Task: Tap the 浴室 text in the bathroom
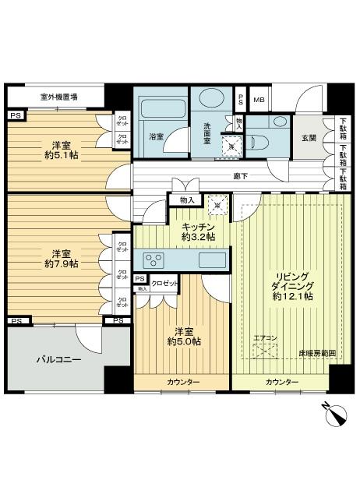[x=157, y=137]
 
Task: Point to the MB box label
[x=259, y=100]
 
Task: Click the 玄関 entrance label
[x=309, y=138]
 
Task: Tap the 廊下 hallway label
[x=241, y=176]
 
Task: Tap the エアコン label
[x=265, y=337]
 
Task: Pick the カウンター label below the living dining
[x=281, y=382]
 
